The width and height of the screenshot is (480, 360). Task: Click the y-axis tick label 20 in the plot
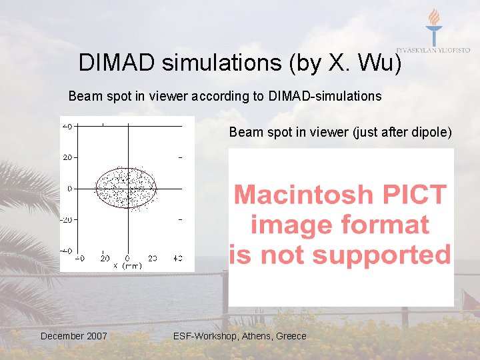(69, 157)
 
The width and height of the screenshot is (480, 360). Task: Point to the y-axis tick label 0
(70, 189)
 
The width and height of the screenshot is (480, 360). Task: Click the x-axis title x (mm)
(127, 265)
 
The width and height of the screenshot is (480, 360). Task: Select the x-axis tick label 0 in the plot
(127, 257)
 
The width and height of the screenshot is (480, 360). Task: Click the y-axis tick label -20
(67, 219)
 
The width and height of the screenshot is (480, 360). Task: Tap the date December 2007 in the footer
(73, 336)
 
